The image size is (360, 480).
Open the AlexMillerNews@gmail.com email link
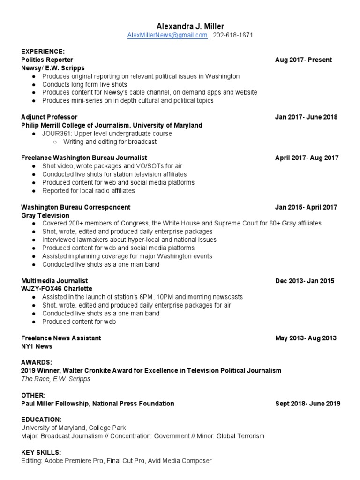[x=167, y=35]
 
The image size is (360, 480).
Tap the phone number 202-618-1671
[x=232, y=35]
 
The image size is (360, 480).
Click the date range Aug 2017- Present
[x=303, y=60]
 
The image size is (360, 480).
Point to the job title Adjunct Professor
[x=49, y=117]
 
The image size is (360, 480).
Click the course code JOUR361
[x=55, y=134]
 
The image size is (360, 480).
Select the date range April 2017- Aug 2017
[x=307, y=158]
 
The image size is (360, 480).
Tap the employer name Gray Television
[x=45, y=215]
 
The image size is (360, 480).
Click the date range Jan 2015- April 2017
[x=306, y=207]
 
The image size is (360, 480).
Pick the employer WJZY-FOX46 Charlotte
[x=57, y=289]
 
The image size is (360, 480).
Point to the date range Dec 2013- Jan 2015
[x=305, y=281]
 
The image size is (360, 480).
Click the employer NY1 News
[x=37, y=346]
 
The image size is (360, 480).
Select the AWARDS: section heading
[x=37, y=362]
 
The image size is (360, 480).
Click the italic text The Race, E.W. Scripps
[x=55, y=379]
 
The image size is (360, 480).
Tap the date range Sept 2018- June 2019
[x=307, y=404]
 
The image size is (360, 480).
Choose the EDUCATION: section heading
[x=41, y=420]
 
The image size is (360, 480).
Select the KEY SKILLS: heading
[x=41, y=452]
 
